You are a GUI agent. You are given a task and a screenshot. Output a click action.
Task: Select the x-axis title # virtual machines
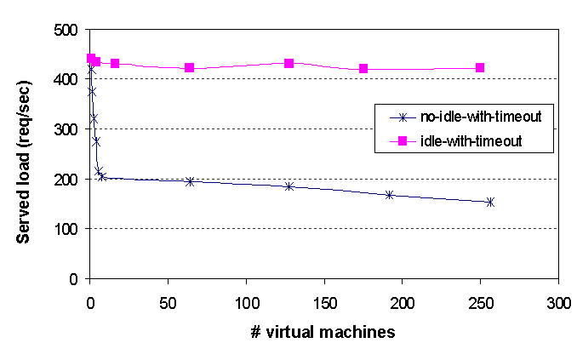pyautogui.click(x=324, y=332)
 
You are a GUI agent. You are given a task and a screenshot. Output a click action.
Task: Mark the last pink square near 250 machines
pyautogui.click(x=480, y=67)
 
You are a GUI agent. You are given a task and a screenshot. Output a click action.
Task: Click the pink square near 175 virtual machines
pyautogui.click(x=363, y=68)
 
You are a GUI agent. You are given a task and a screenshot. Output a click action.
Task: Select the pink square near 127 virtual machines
pyautogui.click(x=289, y=63)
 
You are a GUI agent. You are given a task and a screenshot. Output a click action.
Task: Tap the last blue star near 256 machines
pyautogui.click(x=490, y=202)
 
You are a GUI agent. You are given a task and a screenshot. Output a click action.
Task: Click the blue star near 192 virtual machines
pyautogui.click(x=390, y=195)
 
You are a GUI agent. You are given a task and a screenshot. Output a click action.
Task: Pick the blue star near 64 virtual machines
pyautogui.click(x=190, y=181)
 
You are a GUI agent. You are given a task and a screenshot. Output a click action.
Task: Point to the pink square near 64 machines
pyautogui.click(x=190, y=67)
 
